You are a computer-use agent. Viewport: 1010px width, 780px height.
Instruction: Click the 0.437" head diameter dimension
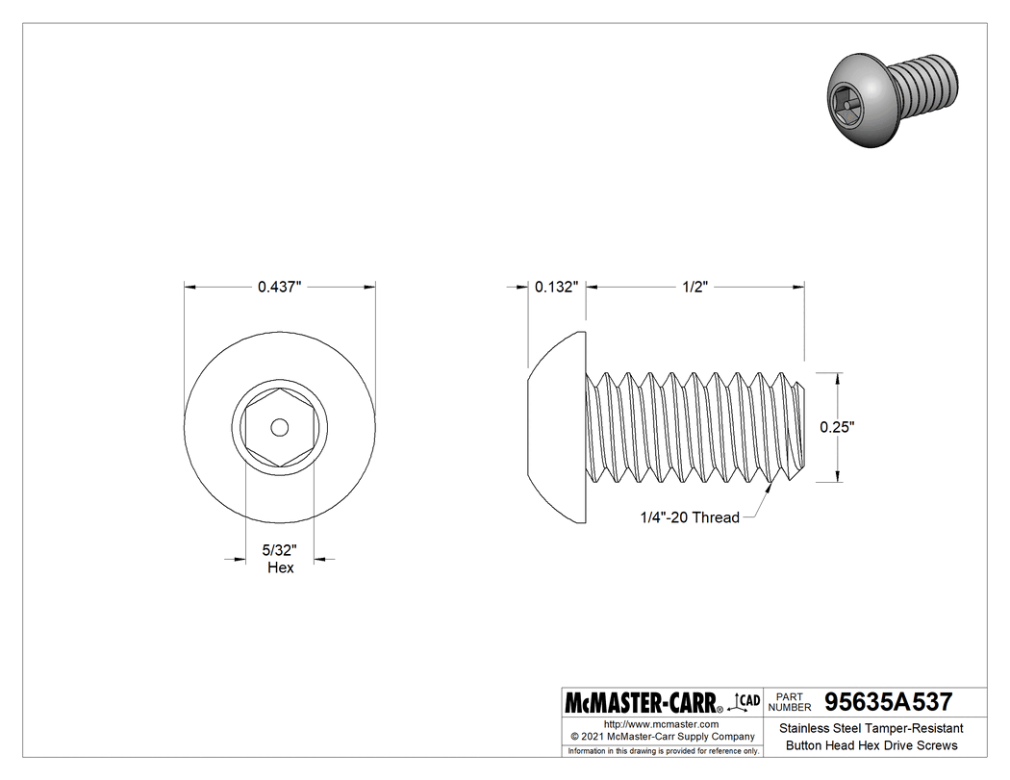[x=279, y=287]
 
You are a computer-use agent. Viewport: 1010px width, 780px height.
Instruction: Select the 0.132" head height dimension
[x=557, y=287]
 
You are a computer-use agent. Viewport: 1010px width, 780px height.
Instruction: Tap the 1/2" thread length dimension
[x=694, y=287]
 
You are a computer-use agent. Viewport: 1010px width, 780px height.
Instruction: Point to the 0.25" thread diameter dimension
[x=837, y=426]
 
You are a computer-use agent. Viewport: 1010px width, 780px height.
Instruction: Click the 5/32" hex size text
[x=280, y=551]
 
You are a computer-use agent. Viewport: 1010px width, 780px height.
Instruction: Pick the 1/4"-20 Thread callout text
[x=690, y=517]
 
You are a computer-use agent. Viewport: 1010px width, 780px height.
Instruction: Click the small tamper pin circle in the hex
[x=279, y=426]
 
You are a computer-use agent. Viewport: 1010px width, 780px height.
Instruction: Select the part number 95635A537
[x=882, y=702]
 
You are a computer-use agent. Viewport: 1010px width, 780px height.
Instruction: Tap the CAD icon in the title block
[x=746, y=701]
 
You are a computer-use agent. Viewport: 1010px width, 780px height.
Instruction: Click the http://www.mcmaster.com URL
[x=661, y=724]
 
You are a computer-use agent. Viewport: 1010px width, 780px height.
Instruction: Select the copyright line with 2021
[x=661, y=737]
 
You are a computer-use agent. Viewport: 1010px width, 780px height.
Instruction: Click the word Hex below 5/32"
[x=280, y=567]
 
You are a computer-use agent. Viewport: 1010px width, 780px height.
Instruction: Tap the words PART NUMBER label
[x=790, y=701]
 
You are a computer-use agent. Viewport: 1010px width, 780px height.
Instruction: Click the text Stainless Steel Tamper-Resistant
[x=871, y=729]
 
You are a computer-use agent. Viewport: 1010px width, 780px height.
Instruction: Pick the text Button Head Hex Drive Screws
[x=871, y=745]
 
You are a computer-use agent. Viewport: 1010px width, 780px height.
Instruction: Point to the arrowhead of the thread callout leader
[x=769, y=489]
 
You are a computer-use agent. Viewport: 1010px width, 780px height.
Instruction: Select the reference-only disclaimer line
[x=662, y=750]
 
